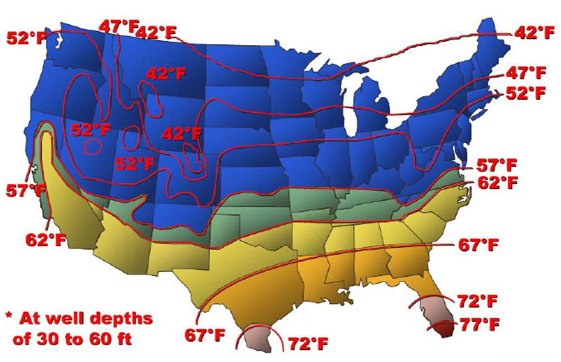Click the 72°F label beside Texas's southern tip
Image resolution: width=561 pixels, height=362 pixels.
pyautogui.click(x=308, y=344)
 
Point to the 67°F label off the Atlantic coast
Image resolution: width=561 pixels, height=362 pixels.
pyautogui.click(x=479, y=245)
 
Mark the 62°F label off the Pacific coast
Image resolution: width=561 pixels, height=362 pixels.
pyautogui.click(x=46, y=239)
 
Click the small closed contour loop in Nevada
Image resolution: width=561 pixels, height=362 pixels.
pyautogui.click(x=93, y=147)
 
